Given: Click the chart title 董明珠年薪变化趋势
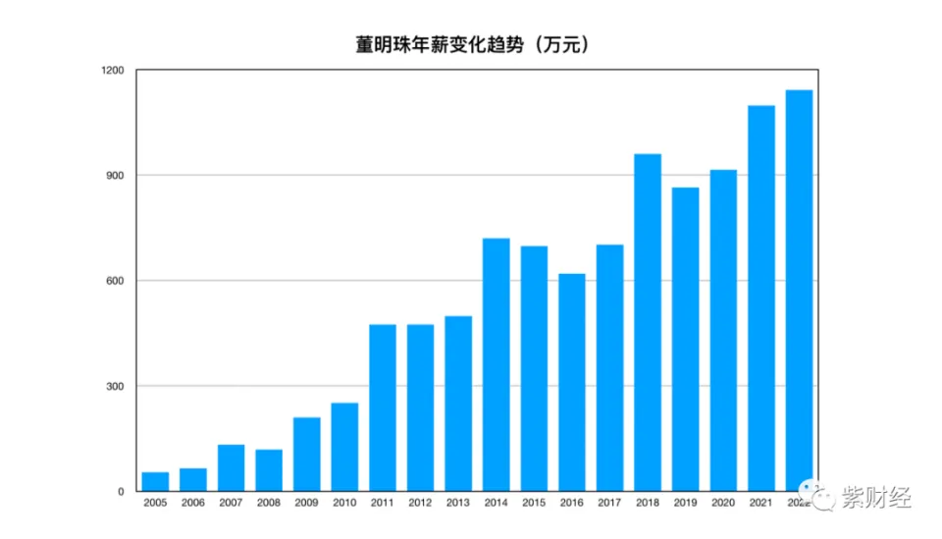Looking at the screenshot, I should (472, 44).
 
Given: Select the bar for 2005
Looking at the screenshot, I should (155, 481).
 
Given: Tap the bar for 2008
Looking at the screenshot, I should (269, 470).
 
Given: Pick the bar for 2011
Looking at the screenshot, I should (383, 407).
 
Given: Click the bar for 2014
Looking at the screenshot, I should (497, 364).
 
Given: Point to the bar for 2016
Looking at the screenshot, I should (572, 382).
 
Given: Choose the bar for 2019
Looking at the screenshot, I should (686, 339).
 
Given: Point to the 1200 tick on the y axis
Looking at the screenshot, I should (112, 71).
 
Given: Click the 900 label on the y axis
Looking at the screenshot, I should (116, 176).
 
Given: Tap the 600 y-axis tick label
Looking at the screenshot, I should (116, 281).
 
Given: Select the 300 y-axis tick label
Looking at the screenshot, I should (116, 386).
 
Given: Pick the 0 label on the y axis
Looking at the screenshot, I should (122, 491).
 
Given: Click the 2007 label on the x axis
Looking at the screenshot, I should (231, 504).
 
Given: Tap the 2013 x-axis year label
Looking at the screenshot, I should (458, 504).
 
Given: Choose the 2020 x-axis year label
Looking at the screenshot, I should (723, 504).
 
